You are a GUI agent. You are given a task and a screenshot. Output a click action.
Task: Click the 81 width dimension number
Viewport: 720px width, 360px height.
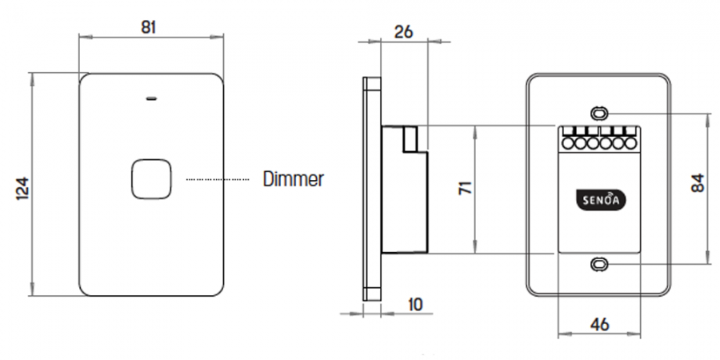click(148, 26)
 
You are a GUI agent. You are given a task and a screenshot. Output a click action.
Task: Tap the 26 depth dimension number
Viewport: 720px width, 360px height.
click(403, 32)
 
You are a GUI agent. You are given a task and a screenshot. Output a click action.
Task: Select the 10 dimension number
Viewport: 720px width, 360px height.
click(414, 304)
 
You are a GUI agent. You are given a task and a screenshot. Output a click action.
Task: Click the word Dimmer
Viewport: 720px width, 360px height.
click(293, 179)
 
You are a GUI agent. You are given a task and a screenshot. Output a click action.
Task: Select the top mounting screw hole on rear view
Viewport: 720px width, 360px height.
click(598, 113)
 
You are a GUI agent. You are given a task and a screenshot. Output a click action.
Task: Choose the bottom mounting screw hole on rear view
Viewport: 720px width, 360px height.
click(598, 264)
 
